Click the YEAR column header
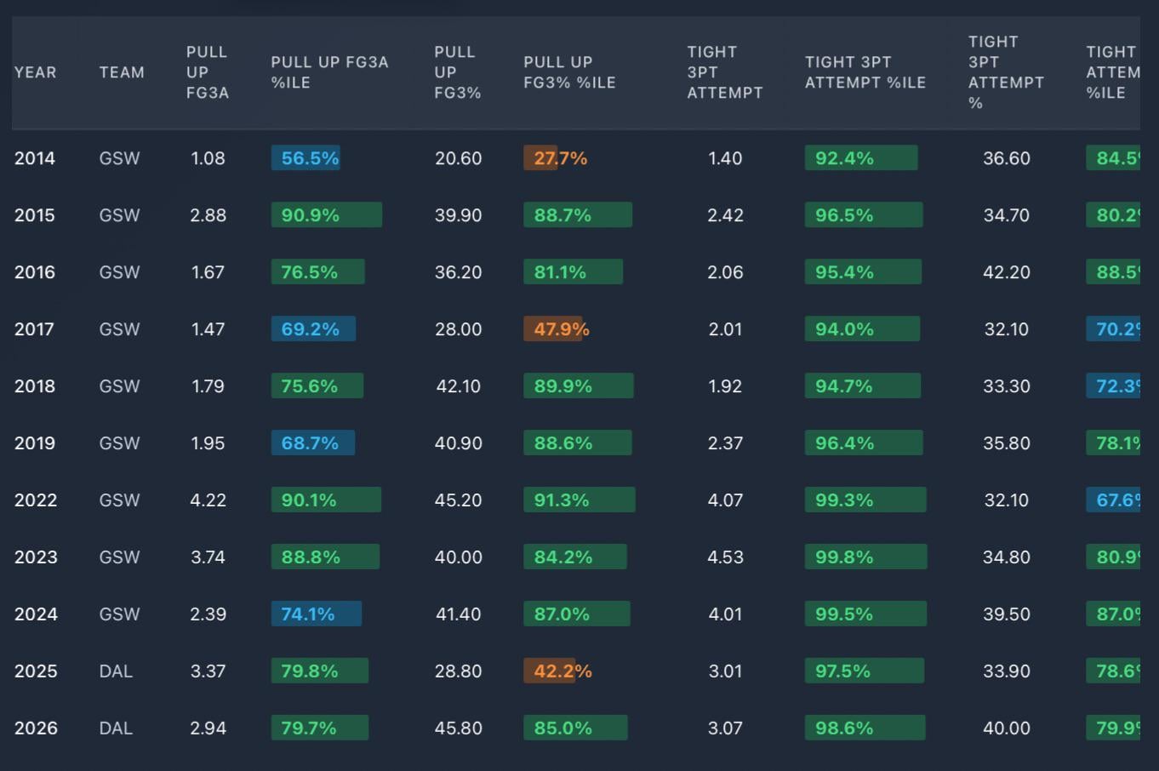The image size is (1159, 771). pos(36,72)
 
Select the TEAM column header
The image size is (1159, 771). pos(122,72)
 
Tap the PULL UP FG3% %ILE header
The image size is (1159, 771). pos(569,72)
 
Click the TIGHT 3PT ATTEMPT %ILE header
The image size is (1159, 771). pos(865,72)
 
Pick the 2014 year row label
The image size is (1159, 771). pos(35,158)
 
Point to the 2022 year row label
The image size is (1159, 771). pos(36,500)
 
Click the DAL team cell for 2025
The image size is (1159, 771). pos(116,671)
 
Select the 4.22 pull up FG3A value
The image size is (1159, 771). pos(208,500)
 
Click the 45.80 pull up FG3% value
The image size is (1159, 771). pos(458,728)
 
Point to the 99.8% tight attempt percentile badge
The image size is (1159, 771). pos(865,557)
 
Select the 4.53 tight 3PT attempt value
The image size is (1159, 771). pos(725,557)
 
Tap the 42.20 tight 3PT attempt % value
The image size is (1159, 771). pos(1006,272)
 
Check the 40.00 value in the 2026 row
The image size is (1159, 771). pos(1006,728)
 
